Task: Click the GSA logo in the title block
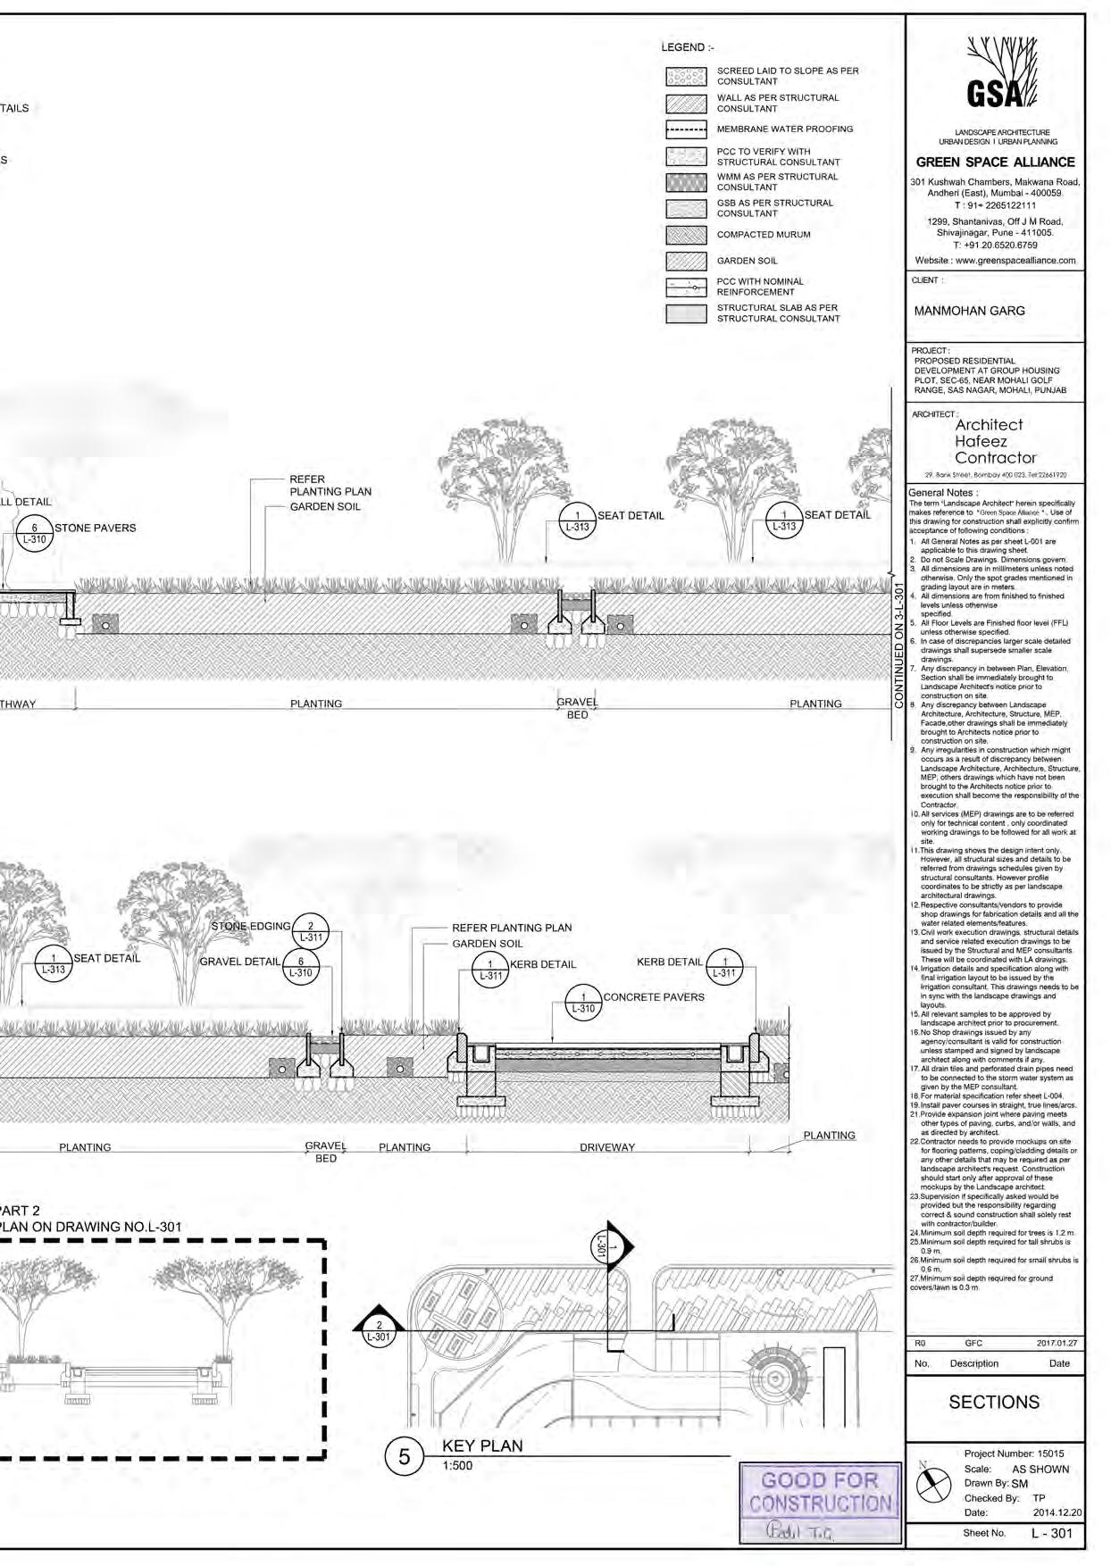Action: click(995, 81)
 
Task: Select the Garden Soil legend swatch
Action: click(686, 261)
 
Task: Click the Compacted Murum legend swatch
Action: click(686, 235)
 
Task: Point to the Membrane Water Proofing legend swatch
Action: click(686, 129)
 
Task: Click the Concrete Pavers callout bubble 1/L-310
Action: click(584, 1003)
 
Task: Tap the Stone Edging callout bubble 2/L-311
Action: click(311, 931)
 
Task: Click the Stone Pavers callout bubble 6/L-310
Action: click(34, 533)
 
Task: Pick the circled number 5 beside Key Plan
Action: click(404, 1457)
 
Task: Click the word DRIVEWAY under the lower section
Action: click(606, 1147)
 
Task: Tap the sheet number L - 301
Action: click(1051, 1533)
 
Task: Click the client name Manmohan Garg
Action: click(969, 312)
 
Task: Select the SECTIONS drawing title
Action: click(994, 1402)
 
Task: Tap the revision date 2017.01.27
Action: click(1057, 1343)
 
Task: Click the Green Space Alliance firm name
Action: click(995, 162)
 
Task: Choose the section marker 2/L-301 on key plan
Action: click(380, 1330)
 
